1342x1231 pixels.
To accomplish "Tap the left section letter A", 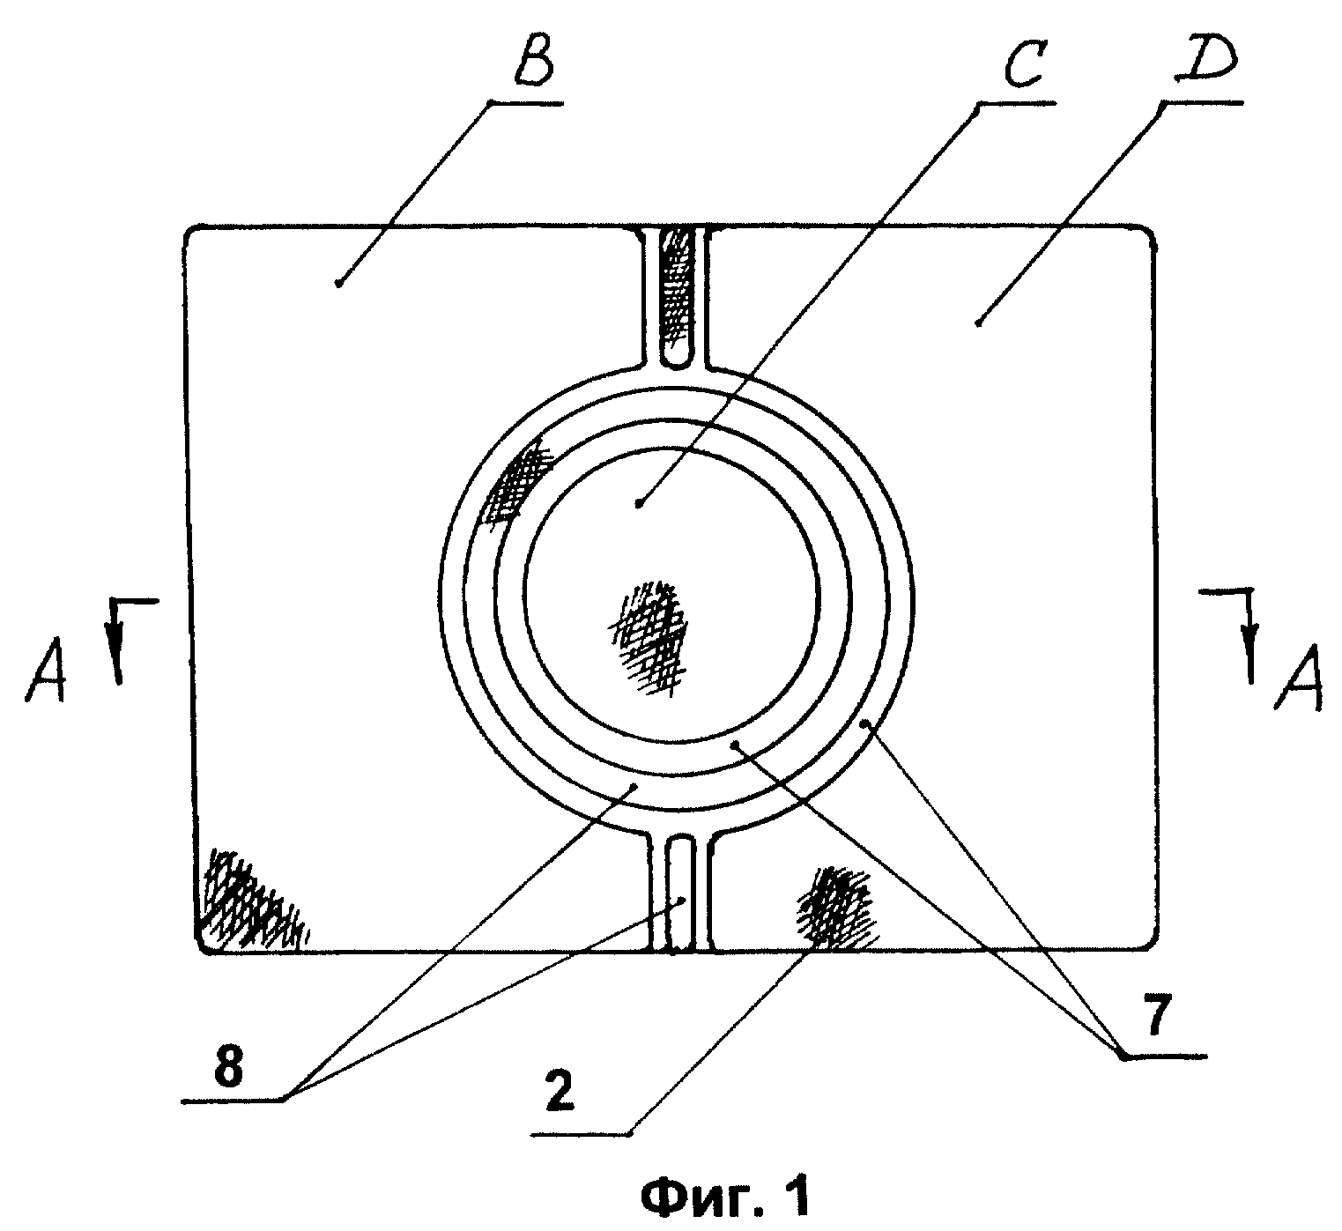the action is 46,669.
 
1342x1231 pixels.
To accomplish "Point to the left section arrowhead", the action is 118,660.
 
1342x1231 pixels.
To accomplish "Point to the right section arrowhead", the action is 1249,656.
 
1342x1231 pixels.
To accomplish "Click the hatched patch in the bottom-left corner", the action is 251,900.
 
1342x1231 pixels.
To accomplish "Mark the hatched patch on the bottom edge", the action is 835,908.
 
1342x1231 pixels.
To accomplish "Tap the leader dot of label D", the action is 978,323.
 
